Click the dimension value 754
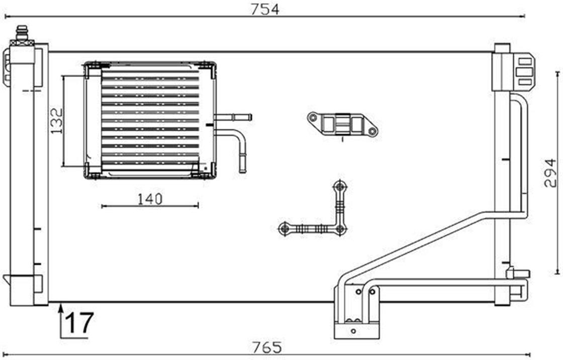pyautogui.click(x=264, y=10)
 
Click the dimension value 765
pyautogui.click(x=267, y=347)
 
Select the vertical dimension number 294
pyautogui.click(x=550, y=173)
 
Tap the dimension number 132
pyautogui.click(x=56, y=121)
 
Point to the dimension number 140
pyautogui.click(x=150, y=199)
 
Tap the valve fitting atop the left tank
pyautogui.click(x=22, y=35)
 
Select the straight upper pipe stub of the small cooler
pyautogui.click(x=233, y=117)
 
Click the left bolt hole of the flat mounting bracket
pyautogui.click(x=313, y=118)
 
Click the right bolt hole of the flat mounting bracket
pyautogui.click(x=372, y=131)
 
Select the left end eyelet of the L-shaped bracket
pyautogui.click(x=285, y=228)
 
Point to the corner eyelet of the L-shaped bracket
pyautogui.click(x=340, y=229)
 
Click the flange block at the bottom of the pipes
pyautogui.click(x=356, y=330)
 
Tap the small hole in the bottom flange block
pyautogui.click(x=354, y=331)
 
